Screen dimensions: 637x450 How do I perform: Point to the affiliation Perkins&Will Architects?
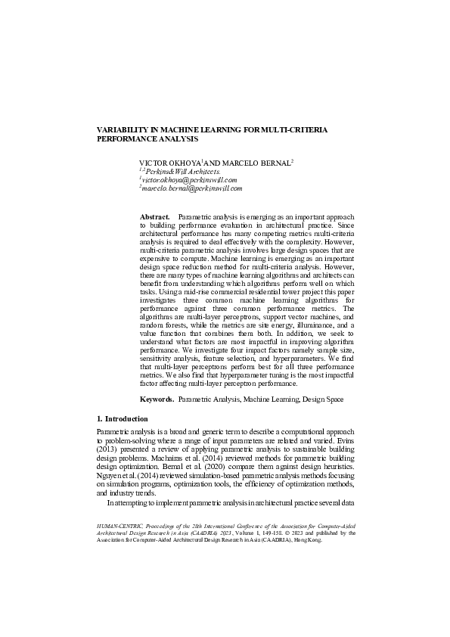pyautogui.click(x=182, y=172)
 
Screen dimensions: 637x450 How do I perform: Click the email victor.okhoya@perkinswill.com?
pyautogui.click(x=190, y=181)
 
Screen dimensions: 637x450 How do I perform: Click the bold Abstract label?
pyautogui.click(x=154, y=217)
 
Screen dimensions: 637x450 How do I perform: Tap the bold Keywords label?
pyautogui.click(x=157, y=399)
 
